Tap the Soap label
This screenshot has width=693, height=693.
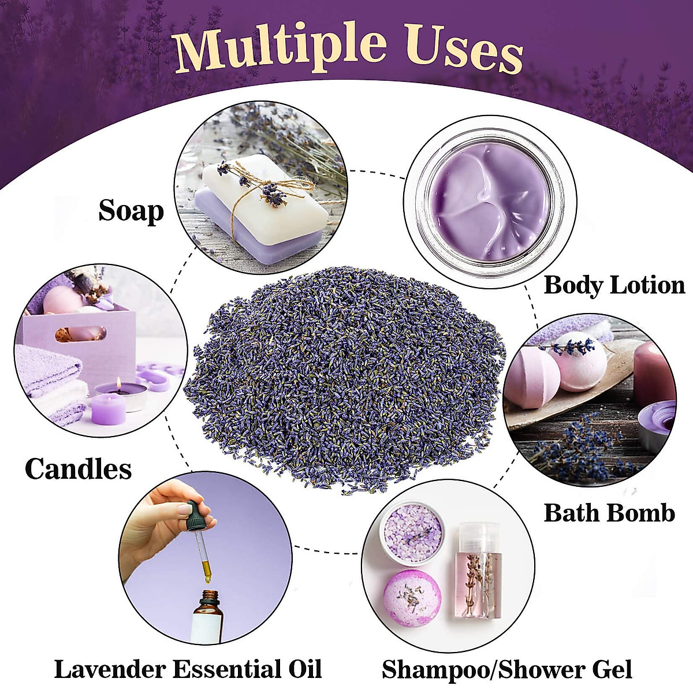point(131,211)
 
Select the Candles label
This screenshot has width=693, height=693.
point(79,469)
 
